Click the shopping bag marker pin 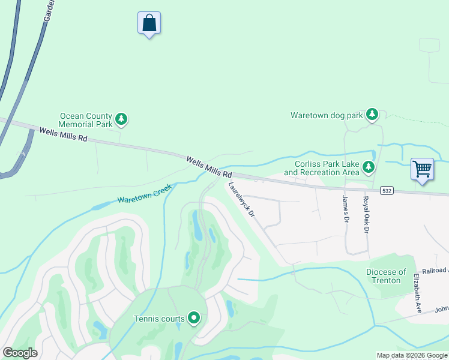pos(149,23)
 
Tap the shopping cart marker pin pos(422,169)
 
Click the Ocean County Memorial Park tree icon pos(121,119)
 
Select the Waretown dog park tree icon pos(372,114)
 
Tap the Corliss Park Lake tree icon pos(368,167)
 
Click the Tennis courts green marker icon pos(193,317)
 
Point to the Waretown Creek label pos(144,193)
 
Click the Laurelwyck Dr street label pos(243,200)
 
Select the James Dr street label pos(346,208)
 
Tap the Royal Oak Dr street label pos(364,214)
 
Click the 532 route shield pos(387,190)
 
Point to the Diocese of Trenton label pos(386,276)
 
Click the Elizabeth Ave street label pos(417,293)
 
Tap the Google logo pos(20,353)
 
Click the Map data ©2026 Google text pos(412,355)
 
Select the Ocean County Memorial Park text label pos(86,120)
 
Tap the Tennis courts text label pos(159,319)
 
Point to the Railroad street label pos(435,271)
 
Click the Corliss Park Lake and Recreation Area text pos(322,168)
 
